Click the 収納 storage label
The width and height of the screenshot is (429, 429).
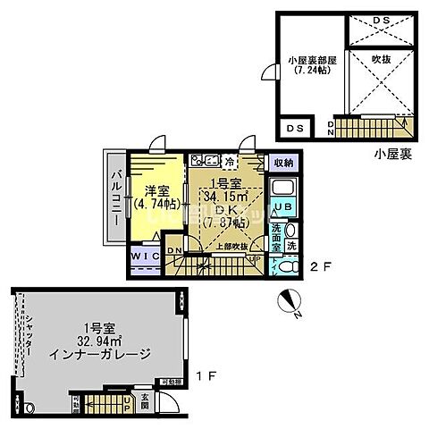tap(283, 163)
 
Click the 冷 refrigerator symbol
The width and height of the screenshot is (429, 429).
tap(230, 162)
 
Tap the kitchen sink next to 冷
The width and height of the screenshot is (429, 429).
tap(206, 161)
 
